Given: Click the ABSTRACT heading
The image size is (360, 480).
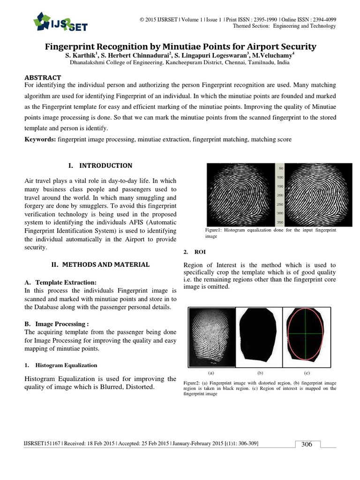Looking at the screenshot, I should coord(42,77).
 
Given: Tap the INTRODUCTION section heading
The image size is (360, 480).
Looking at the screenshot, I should coord(100,165).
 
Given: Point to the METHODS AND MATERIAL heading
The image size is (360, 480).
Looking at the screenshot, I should coord(100,264).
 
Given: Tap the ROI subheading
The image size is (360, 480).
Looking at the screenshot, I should coord(194,252).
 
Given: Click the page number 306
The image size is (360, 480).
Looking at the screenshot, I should coord(307,444).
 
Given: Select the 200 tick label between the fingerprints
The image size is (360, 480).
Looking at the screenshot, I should coord(280,195).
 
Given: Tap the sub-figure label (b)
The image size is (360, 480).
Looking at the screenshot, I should coord(260,373).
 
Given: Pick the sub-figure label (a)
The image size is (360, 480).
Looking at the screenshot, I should coord(211,373).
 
